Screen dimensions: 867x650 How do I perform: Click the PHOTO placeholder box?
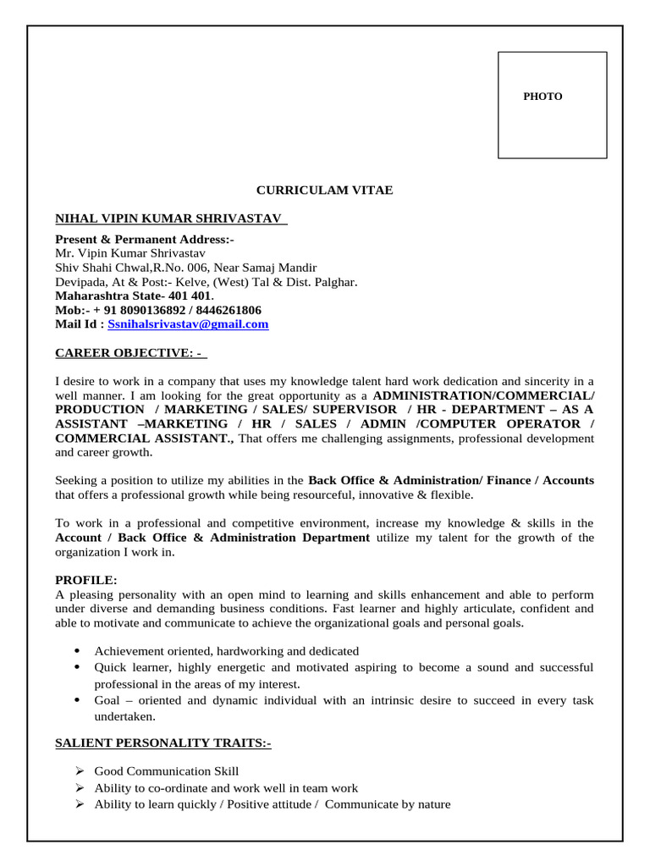(552, 105)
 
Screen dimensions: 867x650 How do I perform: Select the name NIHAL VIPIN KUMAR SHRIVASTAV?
(168, 219)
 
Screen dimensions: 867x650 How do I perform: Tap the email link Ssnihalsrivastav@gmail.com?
(188, 324)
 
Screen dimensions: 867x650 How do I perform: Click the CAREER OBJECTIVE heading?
(129, 352)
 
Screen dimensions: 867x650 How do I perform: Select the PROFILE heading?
(86, 580)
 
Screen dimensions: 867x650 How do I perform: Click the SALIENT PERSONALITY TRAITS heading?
(163, 743)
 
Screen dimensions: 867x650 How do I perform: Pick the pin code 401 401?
(191, 296)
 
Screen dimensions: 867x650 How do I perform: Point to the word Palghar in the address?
(335, 282)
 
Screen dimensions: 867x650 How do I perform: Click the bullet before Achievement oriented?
(77, 651)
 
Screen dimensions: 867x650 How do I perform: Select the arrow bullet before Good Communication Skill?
(78, 771)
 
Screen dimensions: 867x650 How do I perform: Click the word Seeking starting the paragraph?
(77, 480)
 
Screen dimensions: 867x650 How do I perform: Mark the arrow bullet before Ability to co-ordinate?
(78, 788)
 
